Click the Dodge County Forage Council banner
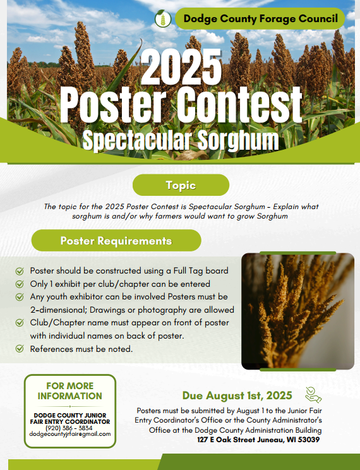260,18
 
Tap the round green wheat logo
163,19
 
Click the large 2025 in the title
181,67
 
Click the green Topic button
181,185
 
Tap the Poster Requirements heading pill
116,241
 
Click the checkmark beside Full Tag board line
20,271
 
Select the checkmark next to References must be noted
20,349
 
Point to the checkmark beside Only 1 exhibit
20,284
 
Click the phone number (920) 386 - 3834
69,428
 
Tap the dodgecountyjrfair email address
70,434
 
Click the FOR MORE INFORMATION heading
70,391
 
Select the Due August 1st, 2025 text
237,395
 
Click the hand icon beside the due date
313,395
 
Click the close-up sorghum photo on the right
297,311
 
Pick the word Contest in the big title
240,105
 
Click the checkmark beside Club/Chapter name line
20,323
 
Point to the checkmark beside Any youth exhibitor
20,297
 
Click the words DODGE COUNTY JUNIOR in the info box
70,416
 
